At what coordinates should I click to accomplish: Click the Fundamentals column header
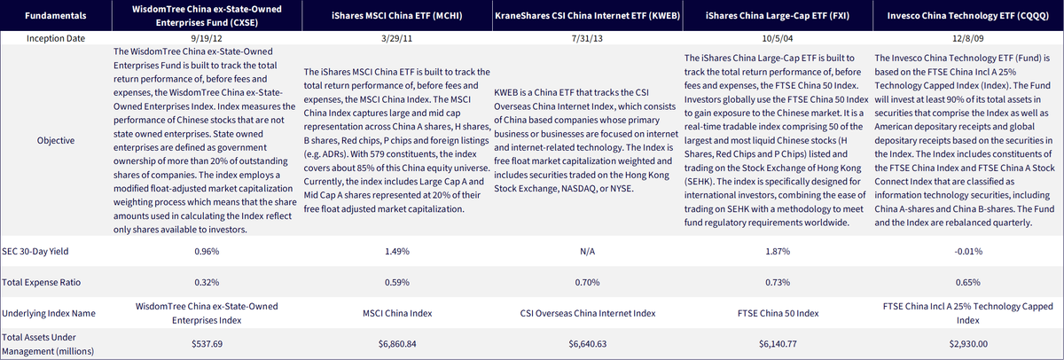(56, 16)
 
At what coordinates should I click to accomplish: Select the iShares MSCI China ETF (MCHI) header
(396, 16)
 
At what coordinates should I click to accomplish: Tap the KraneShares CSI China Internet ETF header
(587, 16)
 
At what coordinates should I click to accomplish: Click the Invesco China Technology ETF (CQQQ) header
(967, 16)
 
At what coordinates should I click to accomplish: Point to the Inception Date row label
(56, 38)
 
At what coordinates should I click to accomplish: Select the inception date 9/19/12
(207, 38)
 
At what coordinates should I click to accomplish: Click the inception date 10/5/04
(778, 38)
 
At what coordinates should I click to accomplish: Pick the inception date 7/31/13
(587, 38)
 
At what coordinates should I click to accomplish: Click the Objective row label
(56, 141)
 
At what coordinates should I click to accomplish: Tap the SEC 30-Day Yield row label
(35, 251)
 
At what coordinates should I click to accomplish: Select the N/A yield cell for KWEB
(587, 251)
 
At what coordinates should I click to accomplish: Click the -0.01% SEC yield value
(968, 251)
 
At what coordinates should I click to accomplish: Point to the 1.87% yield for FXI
(778, 251)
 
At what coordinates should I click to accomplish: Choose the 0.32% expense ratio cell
(207, 282)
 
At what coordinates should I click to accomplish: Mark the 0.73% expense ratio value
(778, 282)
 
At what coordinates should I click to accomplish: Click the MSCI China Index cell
(397, 314)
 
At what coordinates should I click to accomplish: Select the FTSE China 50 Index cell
(778, 314)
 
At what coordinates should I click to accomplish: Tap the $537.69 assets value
(207, 344)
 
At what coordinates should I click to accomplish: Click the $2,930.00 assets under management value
(968, 344)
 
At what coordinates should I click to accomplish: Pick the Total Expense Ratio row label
(42, 282)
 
